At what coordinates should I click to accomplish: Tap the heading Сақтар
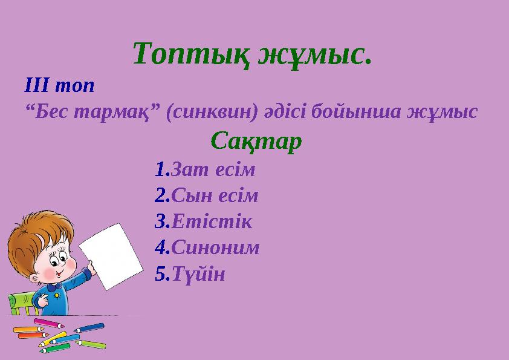[x=256, y=142]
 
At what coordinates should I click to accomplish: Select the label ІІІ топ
[x=59, y=85]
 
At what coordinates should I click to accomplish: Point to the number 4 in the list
[x=160, y=247]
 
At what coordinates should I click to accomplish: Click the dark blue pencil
[x=89, y=328]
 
